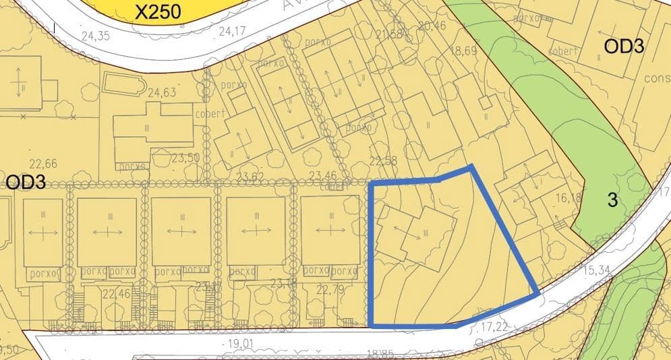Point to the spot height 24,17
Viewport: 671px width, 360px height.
pyautogui.click(x=233, y=31)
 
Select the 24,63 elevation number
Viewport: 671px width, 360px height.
pyautogui.click(x=162, y=92)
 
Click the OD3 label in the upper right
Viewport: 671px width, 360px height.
pyautogui.click(x=624, y=47)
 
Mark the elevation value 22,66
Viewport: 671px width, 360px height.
pyautogui.click(x=44, y=163)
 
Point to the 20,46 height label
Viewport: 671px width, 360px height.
pyautogui.click(x=432, y=26)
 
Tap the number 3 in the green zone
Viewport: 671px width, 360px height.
pyautogui.click(x=612, y=200)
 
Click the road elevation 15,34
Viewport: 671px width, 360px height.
pyautogui.click(x=600, y=270)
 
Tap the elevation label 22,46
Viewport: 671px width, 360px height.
pyautogui.click(x=117, y=293)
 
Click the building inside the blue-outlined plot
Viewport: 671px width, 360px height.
pyautogui.click(x=407, y=232)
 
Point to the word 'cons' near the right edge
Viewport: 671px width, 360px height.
pyautogui.click(x=657, y=78)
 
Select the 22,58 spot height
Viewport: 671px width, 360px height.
pyautogui.click(x=384, y=161)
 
